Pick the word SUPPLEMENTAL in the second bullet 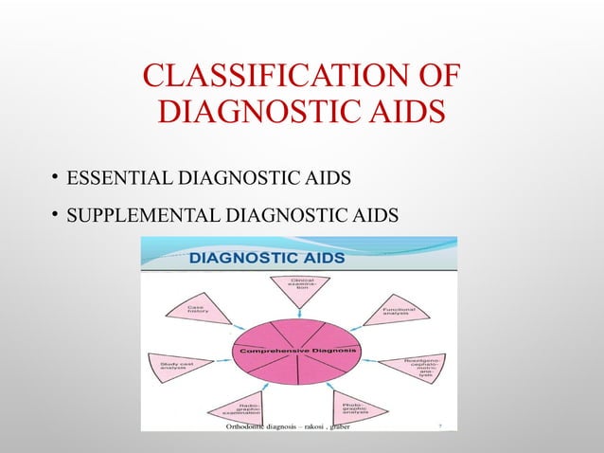coord(133,217)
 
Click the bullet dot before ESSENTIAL coord(56,177)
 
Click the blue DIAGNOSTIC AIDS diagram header coord(269,258)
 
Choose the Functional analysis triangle coord(397,312)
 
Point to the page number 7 coord(440,427)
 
